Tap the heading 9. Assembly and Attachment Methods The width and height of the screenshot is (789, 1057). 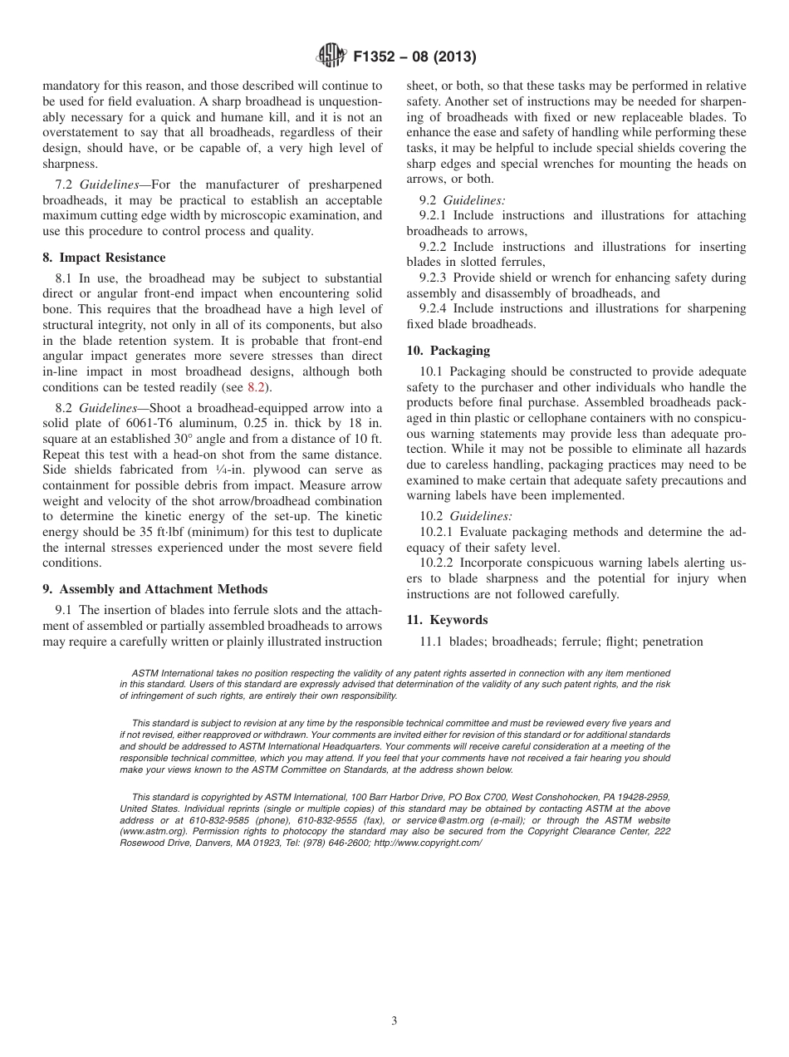pos(154,589)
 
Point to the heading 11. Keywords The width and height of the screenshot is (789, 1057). pos(447,620)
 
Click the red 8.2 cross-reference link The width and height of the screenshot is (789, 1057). pos(256,387)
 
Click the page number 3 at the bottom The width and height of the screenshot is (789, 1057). pos(394,1021)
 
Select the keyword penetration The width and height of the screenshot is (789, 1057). pos(673,642)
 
